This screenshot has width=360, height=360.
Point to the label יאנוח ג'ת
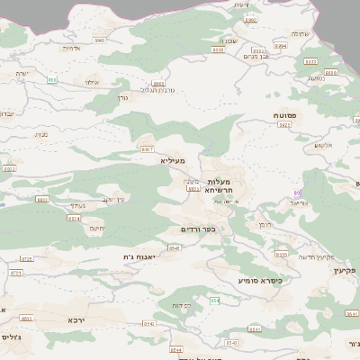[x=139, y=256]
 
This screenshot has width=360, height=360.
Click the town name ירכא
[x=76, y=319]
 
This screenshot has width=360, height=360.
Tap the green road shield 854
[x=214, y=299]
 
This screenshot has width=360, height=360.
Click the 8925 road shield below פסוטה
[x=284, y=127]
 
